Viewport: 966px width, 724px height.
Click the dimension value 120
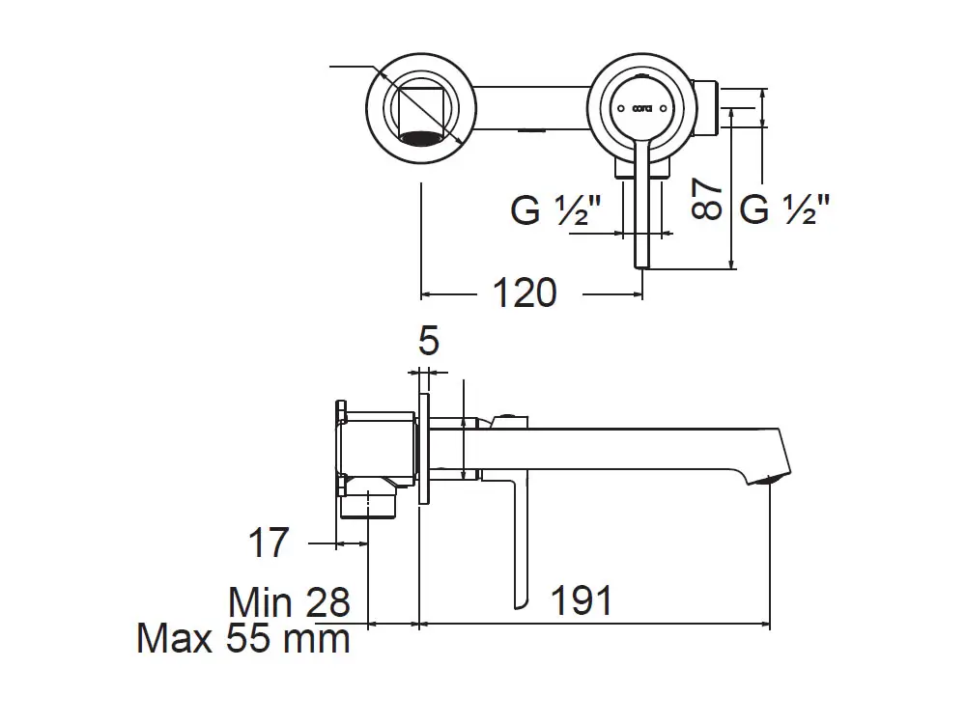click(x=526, y=291)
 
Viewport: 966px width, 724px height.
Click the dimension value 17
click(x=268, y=543)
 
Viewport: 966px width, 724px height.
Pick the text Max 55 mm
click(x=242, y=638)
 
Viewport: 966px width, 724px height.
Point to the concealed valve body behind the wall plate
click(x=377, y=445)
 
